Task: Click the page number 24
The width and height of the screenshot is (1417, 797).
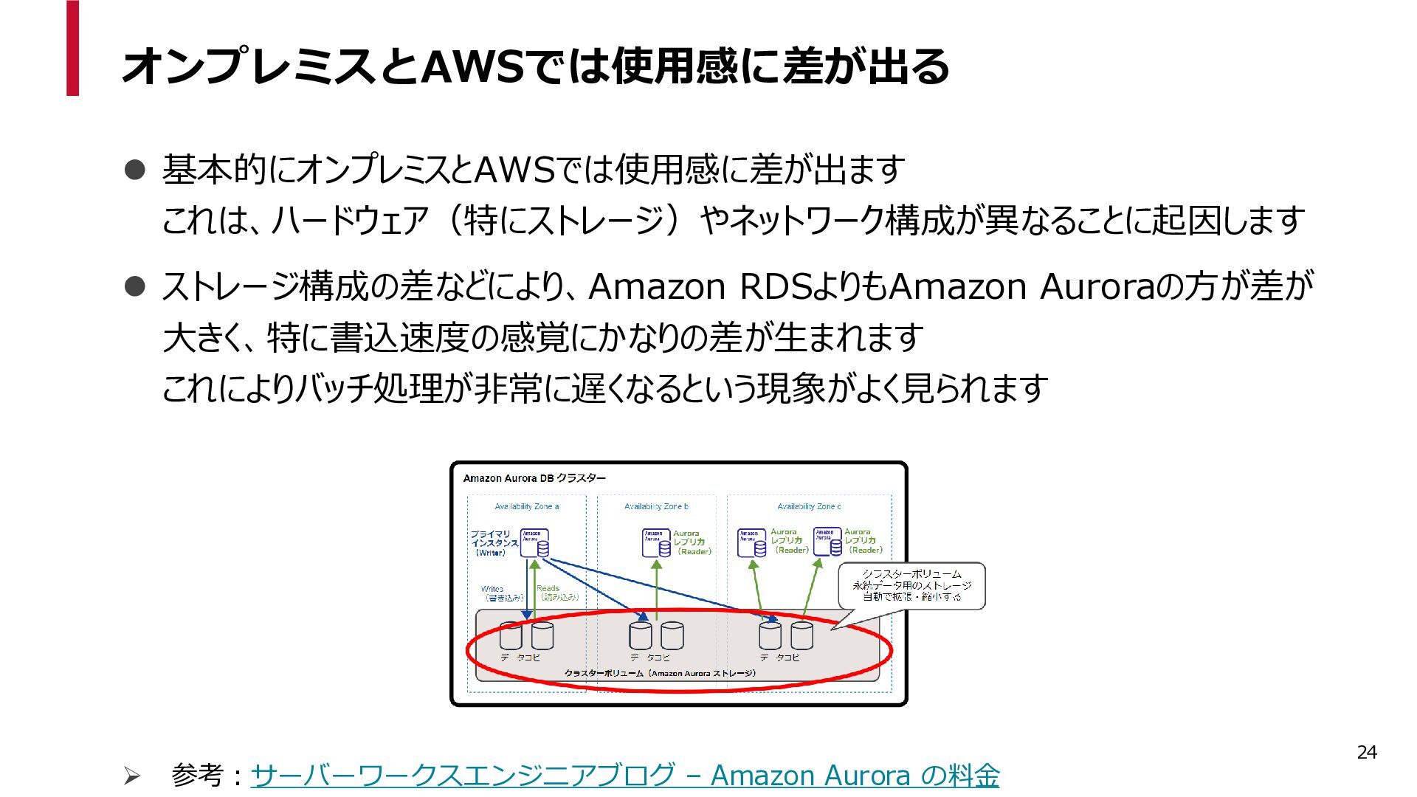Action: click(1367, 752)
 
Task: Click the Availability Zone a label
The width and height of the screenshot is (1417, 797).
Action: click(526, 506)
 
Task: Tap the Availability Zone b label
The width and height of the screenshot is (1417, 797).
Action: click(656, 506)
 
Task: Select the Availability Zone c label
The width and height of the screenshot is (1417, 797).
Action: click(809, 506)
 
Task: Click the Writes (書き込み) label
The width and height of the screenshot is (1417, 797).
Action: click(502, 593)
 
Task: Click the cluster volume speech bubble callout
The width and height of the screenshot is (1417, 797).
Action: click(912, 585)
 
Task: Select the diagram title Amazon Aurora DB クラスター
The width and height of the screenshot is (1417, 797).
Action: click(534, 478)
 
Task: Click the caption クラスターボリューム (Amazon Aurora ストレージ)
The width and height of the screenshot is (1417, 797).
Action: click(660, 673)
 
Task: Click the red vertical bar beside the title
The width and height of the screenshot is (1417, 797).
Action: click(72, 48)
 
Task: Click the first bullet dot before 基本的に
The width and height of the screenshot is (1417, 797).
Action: click(135, 170)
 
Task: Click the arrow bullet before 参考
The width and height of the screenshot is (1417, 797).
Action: click(131, 776)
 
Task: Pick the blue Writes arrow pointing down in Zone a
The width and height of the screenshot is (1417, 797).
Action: click(527, 590)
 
